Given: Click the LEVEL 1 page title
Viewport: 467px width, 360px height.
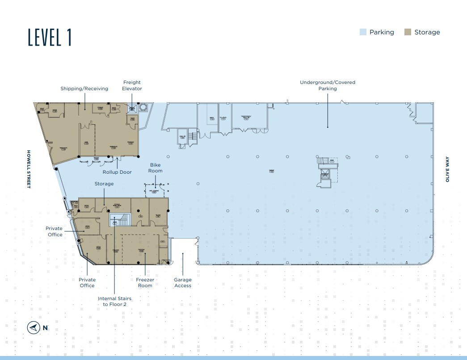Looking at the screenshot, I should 50,37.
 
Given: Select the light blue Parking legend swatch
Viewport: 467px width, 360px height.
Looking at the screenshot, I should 363,32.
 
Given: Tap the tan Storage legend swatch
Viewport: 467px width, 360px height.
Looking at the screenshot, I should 408,32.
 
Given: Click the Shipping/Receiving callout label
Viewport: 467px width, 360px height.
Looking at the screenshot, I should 84,88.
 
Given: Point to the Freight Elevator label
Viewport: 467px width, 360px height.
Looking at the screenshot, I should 132,85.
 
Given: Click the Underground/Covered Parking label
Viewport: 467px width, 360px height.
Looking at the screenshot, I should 327,85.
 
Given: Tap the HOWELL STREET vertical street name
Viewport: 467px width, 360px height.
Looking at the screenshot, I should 28,169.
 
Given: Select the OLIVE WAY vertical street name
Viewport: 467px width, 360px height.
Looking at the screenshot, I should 447,169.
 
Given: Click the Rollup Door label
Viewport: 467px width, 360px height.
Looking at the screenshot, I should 117,172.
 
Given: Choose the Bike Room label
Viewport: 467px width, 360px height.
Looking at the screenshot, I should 156,168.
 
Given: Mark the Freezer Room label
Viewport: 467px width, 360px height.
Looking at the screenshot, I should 145,283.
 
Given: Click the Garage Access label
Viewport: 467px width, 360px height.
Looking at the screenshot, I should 182,283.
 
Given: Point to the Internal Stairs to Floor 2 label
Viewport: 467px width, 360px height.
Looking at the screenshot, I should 114,301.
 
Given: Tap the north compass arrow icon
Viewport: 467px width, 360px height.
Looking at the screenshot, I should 33,328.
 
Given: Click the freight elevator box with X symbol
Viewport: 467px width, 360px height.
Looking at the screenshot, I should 132,108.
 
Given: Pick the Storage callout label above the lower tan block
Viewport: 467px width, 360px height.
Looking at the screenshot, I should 104,184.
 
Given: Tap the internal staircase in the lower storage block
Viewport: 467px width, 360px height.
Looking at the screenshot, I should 119,220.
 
